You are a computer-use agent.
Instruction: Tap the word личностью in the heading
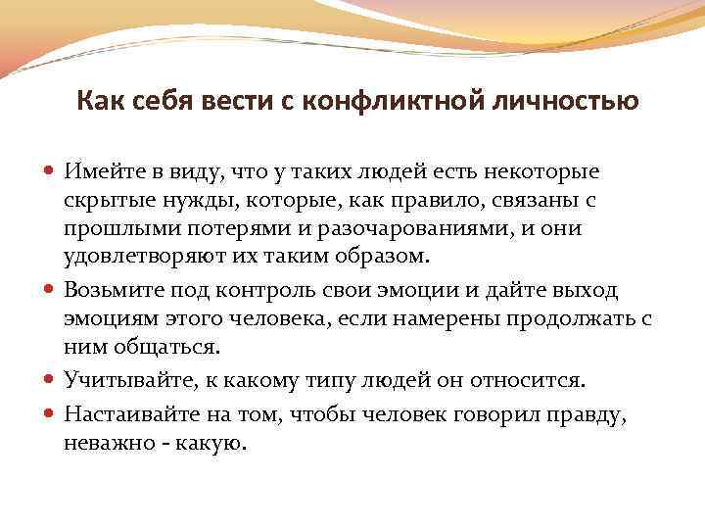tap(577, 101)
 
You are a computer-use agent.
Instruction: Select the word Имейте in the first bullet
tap(105, 172)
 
